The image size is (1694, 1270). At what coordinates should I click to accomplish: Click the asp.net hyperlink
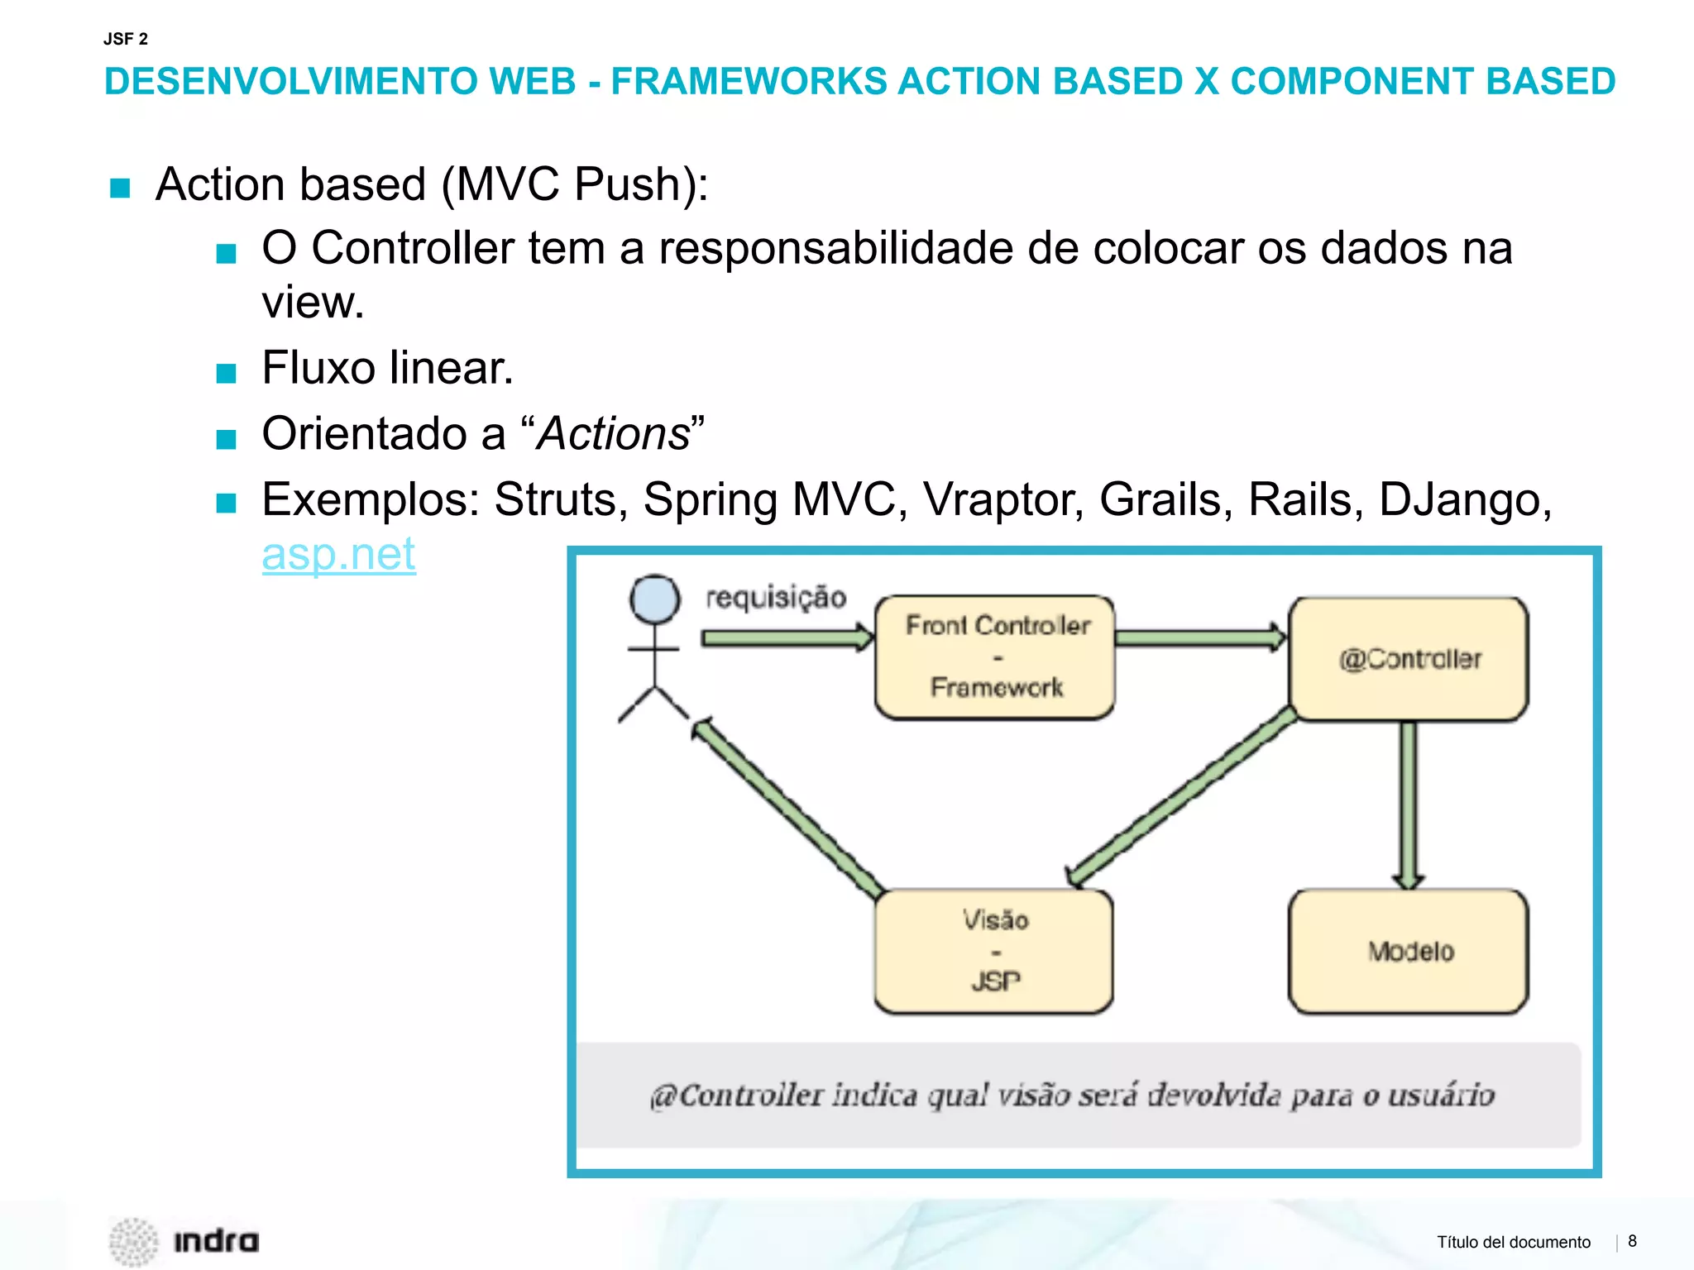338,554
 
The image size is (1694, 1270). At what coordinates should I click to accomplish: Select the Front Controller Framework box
995,657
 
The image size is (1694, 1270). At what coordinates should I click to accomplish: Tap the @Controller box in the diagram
1409,659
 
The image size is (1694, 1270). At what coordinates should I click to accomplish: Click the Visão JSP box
993,951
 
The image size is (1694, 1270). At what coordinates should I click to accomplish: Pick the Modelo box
1409,951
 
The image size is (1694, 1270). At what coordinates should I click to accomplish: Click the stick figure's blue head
654,599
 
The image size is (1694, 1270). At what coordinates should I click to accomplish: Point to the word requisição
776,597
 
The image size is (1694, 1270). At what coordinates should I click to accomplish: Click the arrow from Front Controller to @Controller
1199,637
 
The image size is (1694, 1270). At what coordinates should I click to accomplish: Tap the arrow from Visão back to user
786,807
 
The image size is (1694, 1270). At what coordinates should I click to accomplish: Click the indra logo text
216,1241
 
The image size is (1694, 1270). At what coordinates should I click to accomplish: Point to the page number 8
1632,1241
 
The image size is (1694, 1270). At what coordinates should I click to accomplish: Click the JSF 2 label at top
126,39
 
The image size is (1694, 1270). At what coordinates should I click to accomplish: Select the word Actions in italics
613,433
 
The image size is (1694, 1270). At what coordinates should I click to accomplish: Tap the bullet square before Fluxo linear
226,373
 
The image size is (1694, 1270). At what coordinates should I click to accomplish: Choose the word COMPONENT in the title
1351,81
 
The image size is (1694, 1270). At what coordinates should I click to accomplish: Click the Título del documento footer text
1513,1242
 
